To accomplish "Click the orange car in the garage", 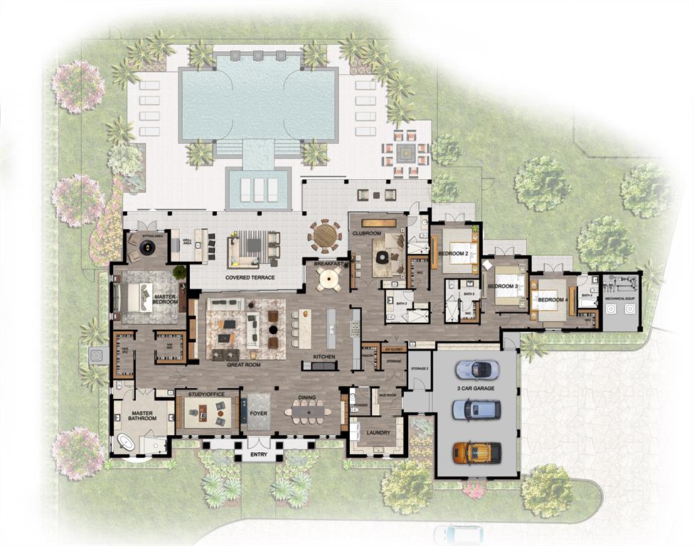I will [x=477, y=452].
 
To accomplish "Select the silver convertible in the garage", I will [x=476, y=369].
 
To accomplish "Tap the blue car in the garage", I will [x=476, y=409].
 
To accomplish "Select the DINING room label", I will [x=307, y=398].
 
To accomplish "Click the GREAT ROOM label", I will [x=243, y=365].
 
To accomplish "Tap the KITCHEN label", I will [x=324, y=357].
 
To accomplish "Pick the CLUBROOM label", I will [x=367, y=233].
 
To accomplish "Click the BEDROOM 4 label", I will [x=552, y=299].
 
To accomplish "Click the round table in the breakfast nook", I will [x=329, y=281].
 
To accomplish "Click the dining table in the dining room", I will [x=307, y=411].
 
